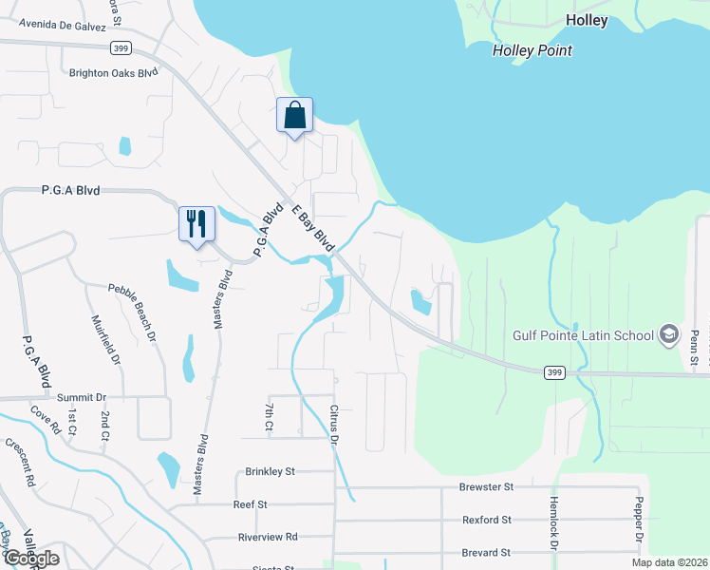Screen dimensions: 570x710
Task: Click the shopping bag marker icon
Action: [x=294, y=116]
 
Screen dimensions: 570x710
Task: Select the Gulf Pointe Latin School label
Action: [x=583, y=335]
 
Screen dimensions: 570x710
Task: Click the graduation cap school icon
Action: [x=669, y=334]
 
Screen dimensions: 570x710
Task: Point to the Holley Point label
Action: [x=532, y=50]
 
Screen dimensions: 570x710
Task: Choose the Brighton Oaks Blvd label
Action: [x=113, y=72]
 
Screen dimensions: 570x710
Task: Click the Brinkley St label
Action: [x=271, y=470]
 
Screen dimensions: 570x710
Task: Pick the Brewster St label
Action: [x=486, y=486]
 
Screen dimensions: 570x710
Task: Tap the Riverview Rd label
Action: [x=268, y=537]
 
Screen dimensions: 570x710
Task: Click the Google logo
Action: [x=30, y=559]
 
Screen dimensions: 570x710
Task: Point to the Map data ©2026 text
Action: [x=669, y=562]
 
